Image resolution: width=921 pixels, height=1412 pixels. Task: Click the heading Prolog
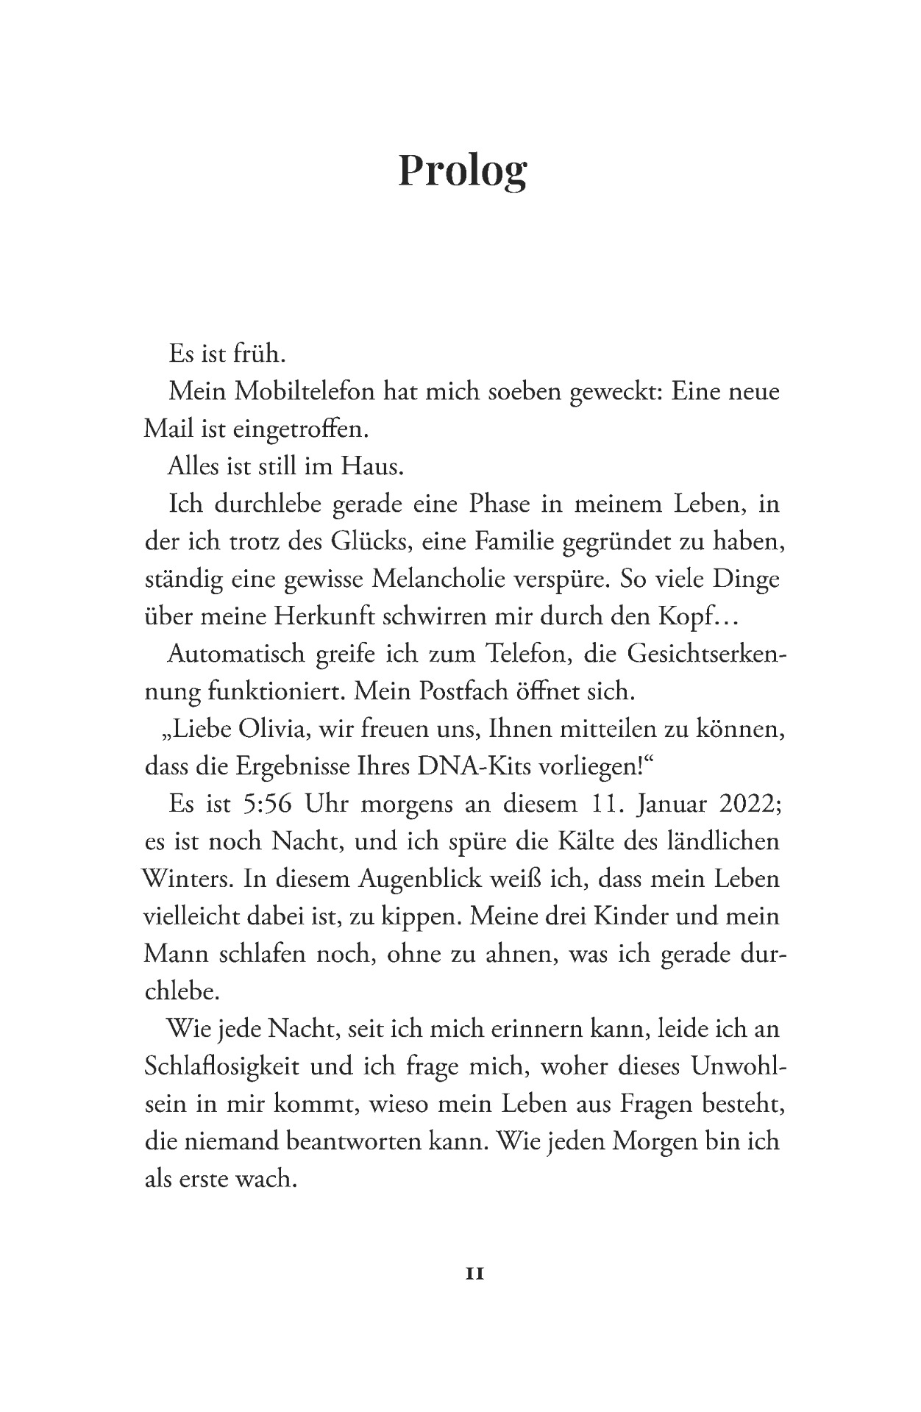tap(462, 170)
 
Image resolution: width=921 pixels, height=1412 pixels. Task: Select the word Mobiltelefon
tap(305, 391)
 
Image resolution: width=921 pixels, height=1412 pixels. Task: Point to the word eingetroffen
tap(277, 429)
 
